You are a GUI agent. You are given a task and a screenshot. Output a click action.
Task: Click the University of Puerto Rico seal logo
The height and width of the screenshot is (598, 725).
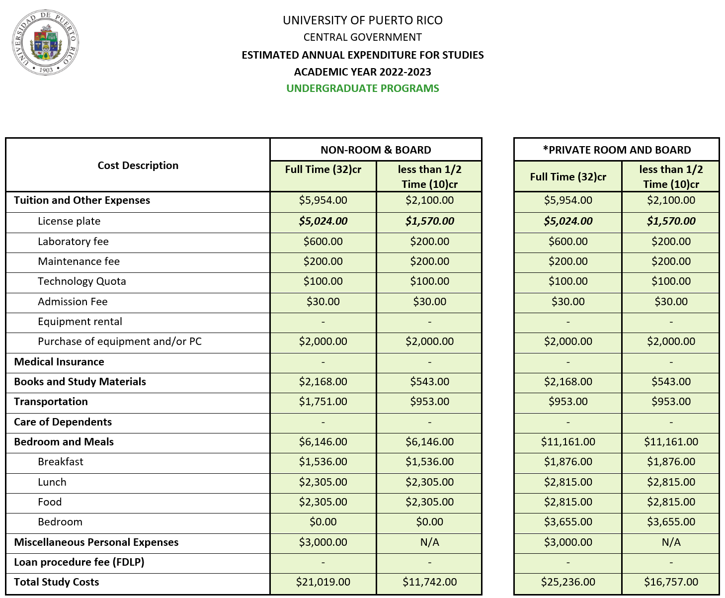pyautogui.click(x=45, y=43)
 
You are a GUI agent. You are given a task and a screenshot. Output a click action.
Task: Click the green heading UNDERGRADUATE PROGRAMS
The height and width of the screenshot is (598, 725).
pyautogui.click(x=362, y=88)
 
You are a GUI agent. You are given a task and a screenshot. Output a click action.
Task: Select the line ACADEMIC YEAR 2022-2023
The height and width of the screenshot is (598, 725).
pyautogui.click(x=362, y=72)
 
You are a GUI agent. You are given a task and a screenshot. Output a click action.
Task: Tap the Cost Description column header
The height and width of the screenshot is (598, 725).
pyautogui.click(x=138, y=166)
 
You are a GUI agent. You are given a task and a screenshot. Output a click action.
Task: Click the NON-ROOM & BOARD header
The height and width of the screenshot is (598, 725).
pyautogui.click(x=376, y=150)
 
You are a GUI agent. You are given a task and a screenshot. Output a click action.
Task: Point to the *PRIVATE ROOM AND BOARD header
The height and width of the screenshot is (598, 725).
pyautogui.click(x=616, y=150)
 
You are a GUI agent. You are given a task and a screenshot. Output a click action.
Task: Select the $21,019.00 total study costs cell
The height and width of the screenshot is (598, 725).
pyautogui.click(x=323, y=582)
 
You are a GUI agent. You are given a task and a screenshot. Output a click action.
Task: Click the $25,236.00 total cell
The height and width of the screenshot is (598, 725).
pyautogui.click(x=567, y=582)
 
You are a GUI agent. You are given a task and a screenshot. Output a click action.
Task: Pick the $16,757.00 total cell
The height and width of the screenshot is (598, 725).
pyautogui.click(x=671, y=582)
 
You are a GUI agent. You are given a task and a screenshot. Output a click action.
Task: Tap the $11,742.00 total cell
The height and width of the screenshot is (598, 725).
pyautogui.click(x=429, y=582)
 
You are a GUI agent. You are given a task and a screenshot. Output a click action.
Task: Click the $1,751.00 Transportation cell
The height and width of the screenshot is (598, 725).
pyautogui.click(x=323, y=402)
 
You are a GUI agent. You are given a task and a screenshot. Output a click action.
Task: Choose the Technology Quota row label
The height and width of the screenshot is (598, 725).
pyautogui.click(x=82, y=281)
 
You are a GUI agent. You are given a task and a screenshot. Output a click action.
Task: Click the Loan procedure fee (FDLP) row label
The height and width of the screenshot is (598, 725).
pyautogui.click(x=79, y=562)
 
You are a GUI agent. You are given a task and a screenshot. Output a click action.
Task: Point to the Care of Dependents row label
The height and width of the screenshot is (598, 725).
pyautogui.click(x=63, y=422)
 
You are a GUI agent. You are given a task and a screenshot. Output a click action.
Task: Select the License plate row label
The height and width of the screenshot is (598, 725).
pyautogui.click(x=69, y=221)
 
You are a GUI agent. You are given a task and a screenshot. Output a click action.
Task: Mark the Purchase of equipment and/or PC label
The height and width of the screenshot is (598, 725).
pyautogui.click(x=120, y=342)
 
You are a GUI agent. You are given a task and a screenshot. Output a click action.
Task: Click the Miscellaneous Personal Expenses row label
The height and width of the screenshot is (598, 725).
pyautogui.click(x=96, y=542)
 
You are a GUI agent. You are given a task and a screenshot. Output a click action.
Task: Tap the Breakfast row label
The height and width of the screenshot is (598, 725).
pyautogui.click(x=61, y=462)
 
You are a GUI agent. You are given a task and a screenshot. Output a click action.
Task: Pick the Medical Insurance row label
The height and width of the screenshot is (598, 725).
pyautogui.click(x=59, y=362)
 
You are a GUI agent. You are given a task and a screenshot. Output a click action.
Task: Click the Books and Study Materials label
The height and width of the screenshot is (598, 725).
pyautogui.click(x=80, y=382)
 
